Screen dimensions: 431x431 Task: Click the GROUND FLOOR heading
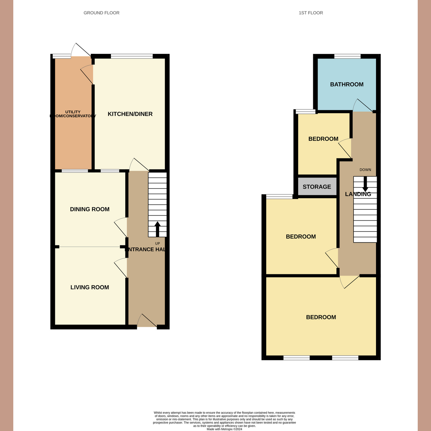pyautogui.click(x=101, y=13)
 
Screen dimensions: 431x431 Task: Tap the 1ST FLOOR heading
pyautogui.click(x=311, y=13)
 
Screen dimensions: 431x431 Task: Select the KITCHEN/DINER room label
pyautogui.click(x=130, y=114)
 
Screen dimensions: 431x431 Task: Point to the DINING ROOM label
pyautogui.click(x=89, y=209)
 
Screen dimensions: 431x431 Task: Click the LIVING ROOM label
pyautogui.click(x=89, y=287)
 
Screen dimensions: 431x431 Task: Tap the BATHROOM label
pyautogui.click(x=347, y=84)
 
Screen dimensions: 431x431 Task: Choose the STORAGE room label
pyautogui.click(x=317, y=187)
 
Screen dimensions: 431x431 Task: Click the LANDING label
pyautogui.click(x=358, y=194)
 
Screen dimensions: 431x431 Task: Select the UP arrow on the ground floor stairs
pyautogui.click(x=157, y=229)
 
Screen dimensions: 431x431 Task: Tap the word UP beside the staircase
pyautogui.click(x=157, y=244)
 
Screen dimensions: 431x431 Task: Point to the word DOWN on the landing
pyautogui.click(x=365, y=170)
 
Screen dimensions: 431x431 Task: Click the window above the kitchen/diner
pyautogui.click(x=132, y=56)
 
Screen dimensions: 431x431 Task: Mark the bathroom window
pyautogui.click(x=347, y=56)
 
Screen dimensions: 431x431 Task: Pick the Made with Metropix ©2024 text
pyautogui.click(x=224, y=429)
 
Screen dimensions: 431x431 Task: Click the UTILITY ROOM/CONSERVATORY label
pyautogui.click(x=73, y=114)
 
